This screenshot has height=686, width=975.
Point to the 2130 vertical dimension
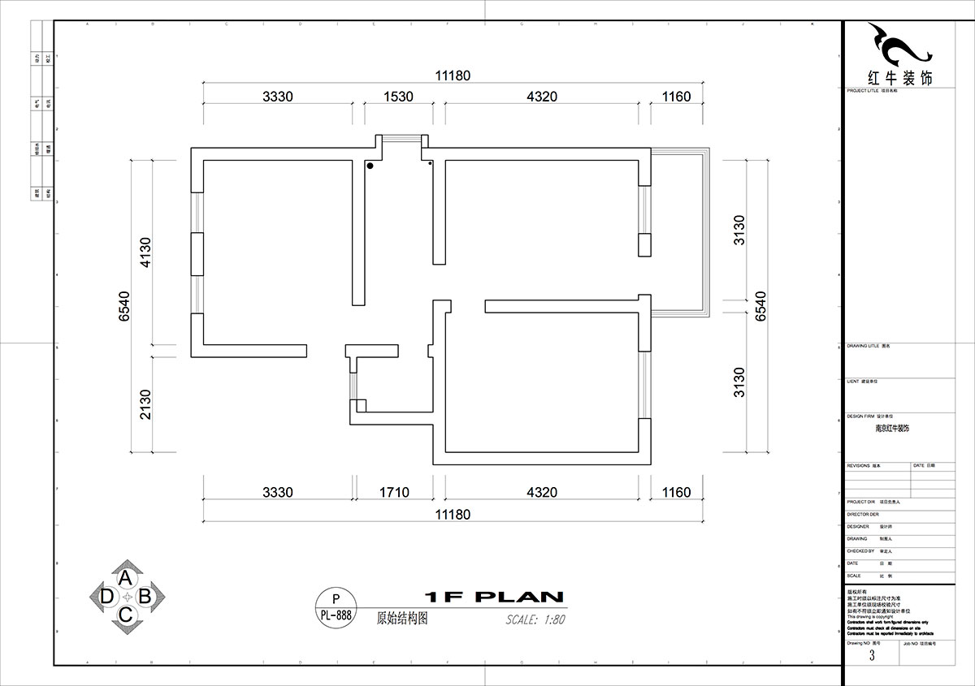145,403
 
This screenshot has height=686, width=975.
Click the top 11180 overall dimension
453,76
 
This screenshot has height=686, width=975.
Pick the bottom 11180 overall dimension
453,514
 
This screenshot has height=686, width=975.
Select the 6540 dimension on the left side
124,305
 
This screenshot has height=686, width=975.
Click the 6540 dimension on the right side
760,305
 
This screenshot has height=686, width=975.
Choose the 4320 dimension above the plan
542,97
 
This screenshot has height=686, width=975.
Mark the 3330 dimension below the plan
277,492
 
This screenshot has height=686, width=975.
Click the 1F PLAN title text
494,597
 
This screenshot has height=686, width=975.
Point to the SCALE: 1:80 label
535,619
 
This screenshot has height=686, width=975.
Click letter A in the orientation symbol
126,578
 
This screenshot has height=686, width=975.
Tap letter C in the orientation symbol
126,615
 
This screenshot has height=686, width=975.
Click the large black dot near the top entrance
370,166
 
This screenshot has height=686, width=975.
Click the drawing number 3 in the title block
872,655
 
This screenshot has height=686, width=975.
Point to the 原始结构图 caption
402,618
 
